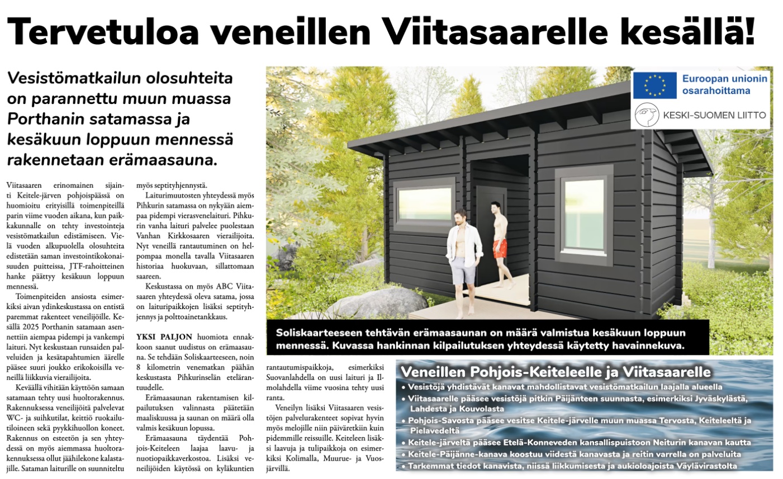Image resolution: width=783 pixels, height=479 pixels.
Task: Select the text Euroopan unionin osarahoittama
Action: [x=724, y=84]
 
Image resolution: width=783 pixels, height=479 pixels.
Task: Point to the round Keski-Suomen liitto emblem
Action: [x=647, y=116]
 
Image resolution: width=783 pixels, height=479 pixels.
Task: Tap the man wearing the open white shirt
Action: [x=463, y=254]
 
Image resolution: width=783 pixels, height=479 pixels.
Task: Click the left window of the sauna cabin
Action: [x=424, y=198]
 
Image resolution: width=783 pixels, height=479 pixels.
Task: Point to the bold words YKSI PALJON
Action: [x=164, y=336]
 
